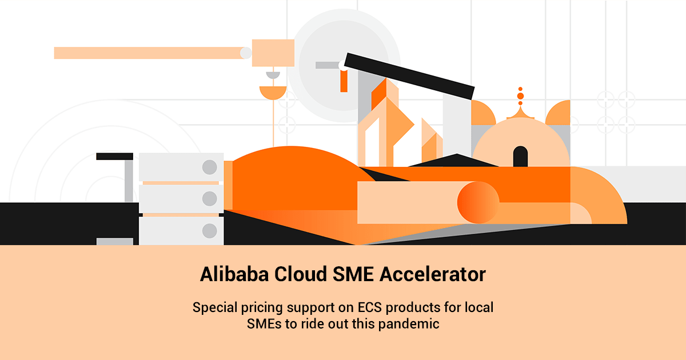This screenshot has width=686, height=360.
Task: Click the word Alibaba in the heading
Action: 234,274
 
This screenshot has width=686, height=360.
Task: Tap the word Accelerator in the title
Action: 433,274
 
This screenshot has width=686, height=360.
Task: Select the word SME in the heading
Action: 353,274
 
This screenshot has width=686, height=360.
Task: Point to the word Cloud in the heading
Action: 301,274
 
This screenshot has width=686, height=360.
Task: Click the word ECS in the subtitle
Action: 370,307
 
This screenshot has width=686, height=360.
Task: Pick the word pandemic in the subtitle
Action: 409,324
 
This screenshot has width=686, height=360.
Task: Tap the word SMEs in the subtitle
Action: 264,324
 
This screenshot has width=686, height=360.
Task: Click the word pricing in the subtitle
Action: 262,308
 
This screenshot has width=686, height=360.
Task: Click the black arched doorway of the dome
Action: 520,157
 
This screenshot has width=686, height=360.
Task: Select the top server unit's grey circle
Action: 209,167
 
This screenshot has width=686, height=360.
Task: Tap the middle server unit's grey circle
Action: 209,199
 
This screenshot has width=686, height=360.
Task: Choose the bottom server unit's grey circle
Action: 209,230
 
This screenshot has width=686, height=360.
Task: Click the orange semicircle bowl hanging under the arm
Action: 273,92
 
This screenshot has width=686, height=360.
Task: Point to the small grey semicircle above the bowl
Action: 273,75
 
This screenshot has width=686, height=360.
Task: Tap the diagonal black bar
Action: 409,76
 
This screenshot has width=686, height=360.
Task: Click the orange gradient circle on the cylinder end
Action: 478,202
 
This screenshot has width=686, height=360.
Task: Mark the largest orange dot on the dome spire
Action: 520,96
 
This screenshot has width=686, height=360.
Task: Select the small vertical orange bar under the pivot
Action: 344,81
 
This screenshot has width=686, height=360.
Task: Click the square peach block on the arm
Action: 273,53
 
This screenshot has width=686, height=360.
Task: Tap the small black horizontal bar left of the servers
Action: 114,157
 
